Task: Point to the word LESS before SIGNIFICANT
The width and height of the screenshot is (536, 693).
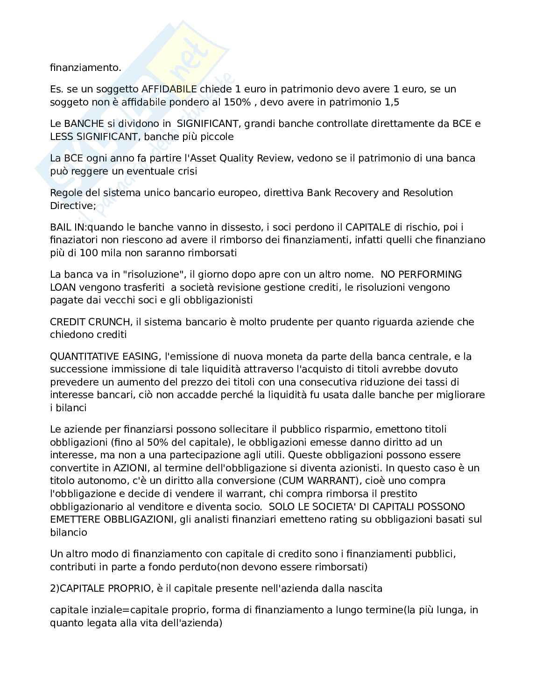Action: [62, 137]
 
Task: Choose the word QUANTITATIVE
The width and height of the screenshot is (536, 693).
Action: [85, 357]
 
